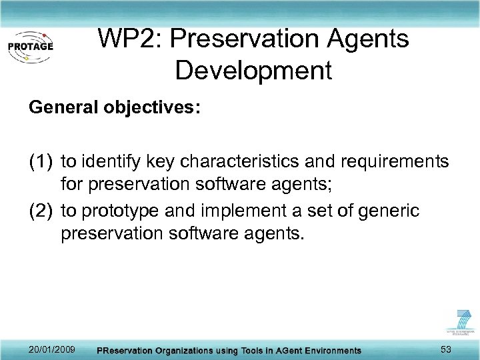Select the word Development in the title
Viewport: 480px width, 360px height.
[x=253, y=69]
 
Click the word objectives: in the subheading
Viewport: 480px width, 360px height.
[x=148, y=108]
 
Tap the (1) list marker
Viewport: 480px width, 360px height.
[x=41, y=162]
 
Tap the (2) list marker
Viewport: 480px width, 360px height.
[x=41, y=211]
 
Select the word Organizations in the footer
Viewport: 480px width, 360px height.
[x=189, y=351]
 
